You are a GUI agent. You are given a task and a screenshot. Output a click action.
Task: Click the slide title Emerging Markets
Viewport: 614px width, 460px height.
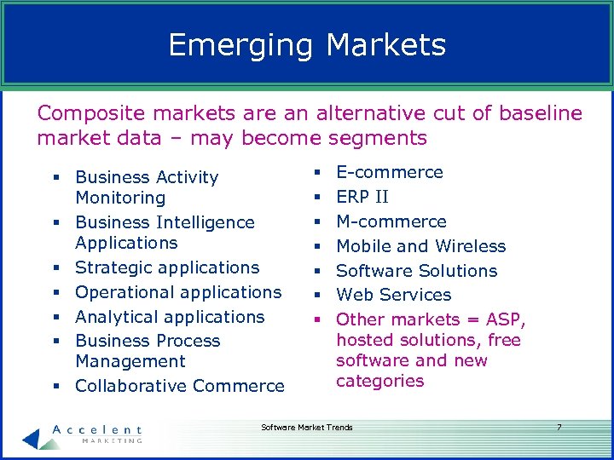click(307, 44)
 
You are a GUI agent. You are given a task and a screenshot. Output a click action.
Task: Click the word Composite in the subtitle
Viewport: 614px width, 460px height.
click(90, 113)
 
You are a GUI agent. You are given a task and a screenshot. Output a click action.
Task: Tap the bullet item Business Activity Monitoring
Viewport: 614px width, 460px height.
click(146, 187)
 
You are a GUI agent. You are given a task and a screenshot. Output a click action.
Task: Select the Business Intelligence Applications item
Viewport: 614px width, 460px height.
click(164, 233)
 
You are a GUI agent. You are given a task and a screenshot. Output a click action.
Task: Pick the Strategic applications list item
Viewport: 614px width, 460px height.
click(166, 267)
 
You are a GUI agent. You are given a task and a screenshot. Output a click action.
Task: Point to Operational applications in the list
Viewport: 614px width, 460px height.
click(177, 292)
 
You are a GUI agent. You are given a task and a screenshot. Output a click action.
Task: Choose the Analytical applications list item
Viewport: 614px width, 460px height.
click(170, 317)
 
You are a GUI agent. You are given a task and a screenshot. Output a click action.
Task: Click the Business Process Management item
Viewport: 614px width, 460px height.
click(147, 351)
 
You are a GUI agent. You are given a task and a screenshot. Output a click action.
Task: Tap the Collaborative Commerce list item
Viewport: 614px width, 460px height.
click(179, 386)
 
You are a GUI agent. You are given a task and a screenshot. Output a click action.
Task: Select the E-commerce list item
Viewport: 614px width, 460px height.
click(389, 172)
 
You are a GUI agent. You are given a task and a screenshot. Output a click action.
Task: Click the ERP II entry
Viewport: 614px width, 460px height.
click(362, 197)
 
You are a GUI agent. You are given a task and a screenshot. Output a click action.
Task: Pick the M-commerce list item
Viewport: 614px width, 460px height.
click(391, 221)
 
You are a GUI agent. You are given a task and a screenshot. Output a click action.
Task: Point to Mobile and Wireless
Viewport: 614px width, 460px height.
click(420, 246)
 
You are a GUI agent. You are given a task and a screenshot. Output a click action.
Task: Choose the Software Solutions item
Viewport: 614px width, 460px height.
click(416, 271)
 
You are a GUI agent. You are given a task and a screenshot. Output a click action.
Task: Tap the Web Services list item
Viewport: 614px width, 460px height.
click(393, 295)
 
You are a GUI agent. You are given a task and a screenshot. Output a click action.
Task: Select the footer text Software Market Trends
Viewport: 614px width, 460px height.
click(306, 427)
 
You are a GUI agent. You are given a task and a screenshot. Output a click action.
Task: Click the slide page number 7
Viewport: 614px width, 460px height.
click(559, 427)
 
